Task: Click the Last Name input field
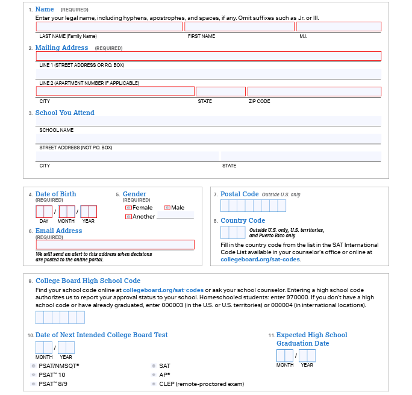coord(109,27)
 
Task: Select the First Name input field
coord(239,27)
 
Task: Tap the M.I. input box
coord(339,27)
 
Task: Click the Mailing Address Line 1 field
coord(208,56)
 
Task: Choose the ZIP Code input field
coord(314,92)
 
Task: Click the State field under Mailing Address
coord(220,92)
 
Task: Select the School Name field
coord(208,121)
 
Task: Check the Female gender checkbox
coord(128,208)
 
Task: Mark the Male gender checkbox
coord(167,208)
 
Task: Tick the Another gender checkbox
coord(128,217)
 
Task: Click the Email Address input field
coord(115,245)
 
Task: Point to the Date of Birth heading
coord(56,194)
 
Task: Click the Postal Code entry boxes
coord(253,206)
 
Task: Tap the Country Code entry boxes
coord(233,232)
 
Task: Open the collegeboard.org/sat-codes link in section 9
coord(163,290)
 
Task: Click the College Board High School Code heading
coord(88,281)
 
